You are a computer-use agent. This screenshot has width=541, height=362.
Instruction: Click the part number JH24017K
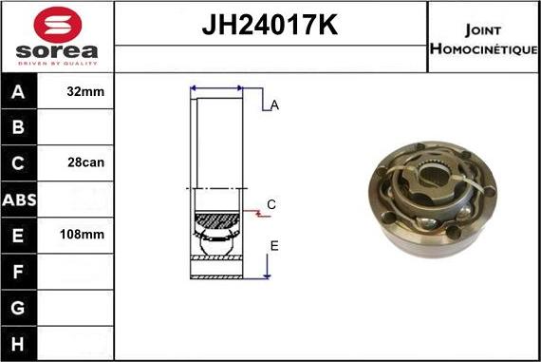tap(270, 26)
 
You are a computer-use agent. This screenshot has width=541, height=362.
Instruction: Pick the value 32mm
tap(86, 92)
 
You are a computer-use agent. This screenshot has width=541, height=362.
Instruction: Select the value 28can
tap(86, 162)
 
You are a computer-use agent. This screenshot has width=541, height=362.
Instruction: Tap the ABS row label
tap(19, 199)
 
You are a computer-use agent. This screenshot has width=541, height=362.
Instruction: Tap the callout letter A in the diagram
tap(274, 105)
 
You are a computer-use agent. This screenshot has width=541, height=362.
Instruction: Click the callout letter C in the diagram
tap(271, 204)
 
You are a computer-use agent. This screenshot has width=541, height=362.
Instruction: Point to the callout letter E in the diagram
tap(274, 246)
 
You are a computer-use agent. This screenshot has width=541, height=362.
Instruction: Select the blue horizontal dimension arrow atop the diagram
tap(217, 88)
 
